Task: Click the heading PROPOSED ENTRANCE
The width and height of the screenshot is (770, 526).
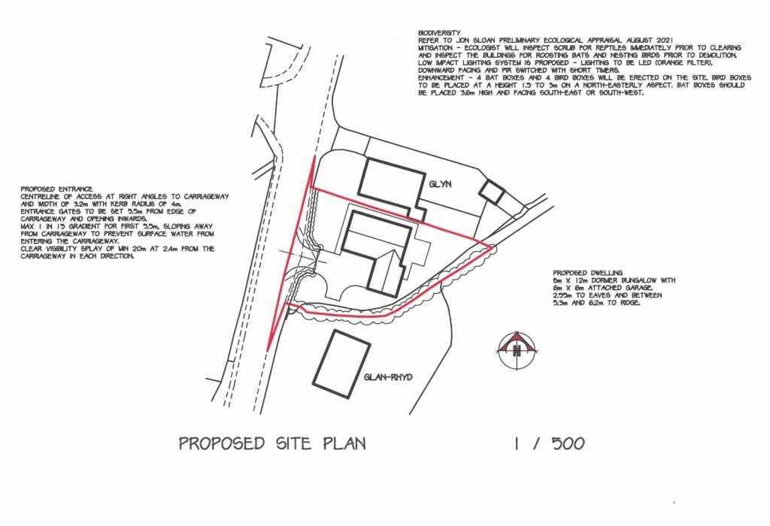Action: click(56, 189)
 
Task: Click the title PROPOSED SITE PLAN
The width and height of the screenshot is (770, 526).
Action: click(272, 443)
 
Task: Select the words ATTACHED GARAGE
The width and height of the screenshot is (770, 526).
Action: click(628, 288)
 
